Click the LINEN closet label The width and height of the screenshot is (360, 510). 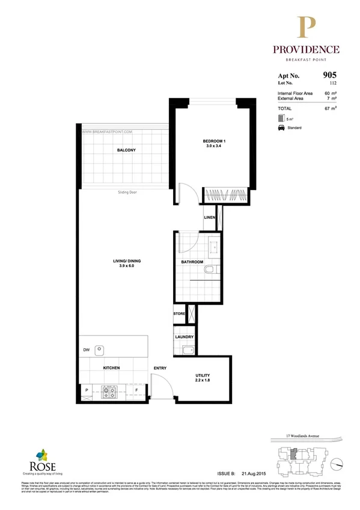[209, 217]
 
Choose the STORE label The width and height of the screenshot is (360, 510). [179, 313]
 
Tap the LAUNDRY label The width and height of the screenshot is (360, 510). [183, 337]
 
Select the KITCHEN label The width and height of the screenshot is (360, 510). [111, 367]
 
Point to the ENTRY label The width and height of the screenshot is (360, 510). [160, 367]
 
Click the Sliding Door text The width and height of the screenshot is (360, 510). [129, 193]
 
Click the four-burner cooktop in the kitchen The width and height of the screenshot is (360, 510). [109, 392]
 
